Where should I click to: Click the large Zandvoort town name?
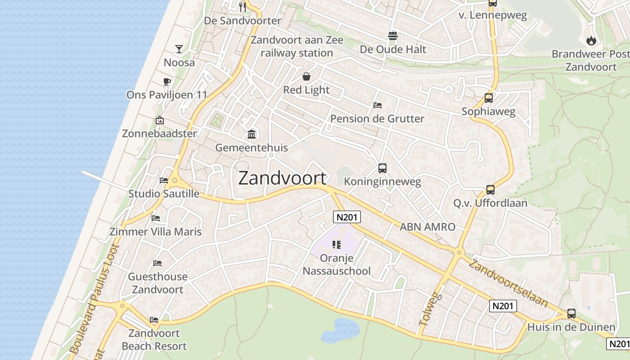point(282,178)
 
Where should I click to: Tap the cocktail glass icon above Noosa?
point(179,49)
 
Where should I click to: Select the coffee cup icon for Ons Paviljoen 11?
point(166,81)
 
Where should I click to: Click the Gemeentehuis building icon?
point(252,134)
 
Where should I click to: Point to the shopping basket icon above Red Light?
point(306,76)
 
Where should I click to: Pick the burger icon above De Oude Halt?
point(393,36)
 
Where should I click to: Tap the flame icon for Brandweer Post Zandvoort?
point(591,40)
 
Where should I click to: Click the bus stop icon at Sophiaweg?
point(489,98)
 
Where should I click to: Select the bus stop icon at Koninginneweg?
point(382,168)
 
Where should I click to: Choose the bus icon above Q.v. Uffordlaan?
point(490,190)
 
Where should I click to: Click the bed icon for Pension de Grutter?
point(378,105)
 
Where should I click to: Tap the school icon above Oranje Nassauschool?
point(337,245)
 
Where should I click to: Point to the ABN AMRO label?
point(427,227)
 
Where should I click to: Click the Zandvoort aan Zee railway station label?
point(297,46)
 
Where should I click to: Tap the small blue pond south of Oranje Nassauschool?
point(340,331)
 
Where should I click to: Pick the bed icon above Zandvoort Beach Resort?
point(154,320)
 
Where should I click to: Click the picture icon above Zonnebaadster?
point(159,120)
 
